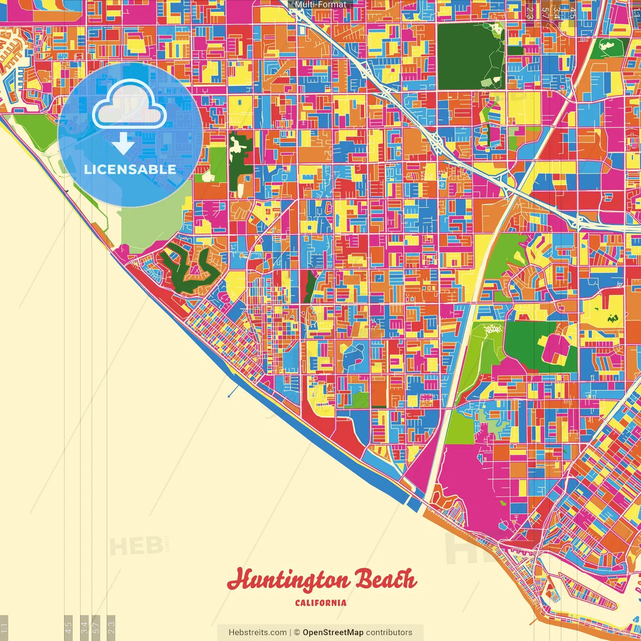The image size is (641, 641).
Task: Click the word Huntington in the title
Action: point(288,580)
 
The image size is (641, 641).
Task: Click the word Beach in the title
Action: point(385,579)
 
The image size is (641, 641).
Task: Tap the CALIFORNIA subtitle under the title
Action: point(320,602)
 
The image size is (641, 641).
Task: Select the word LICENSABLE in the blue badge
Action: point(130,169)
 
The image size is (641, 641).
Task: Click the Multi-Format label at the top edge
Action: point(320,5)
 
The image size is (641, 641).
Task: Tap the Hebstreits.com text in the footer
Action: point(257,632)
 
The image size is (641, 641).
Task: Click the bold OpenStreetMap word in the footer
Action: point(333,632)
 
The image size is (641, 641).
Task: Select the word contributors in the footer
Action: point(389,632)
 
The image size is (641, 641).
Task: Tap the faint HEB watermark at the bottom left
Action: point(135,546)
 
